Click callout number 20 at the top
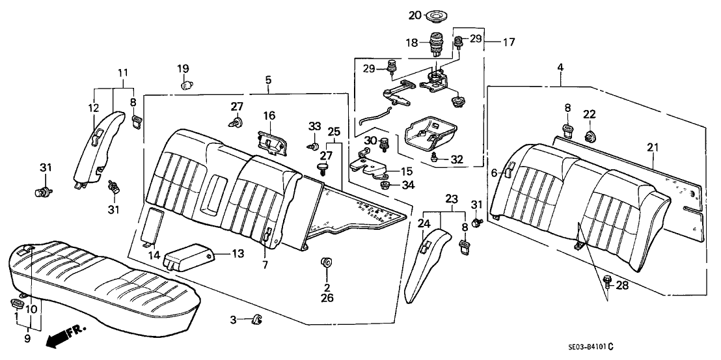[x=415, y=14]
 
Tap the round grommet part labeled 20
[x=434, y=15]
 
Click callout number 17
[x=508, y=42]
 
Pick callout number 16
[x=269, y=115]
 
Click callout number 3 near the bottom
[x=233, y=319]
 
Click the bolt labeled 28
[x=607, y=283]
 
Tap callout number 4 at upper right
[x=560, y=67]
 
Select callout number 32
[x=457, y=158]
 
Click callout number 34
[x=408, y=186]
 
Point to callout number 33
[x=315, y=126]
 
